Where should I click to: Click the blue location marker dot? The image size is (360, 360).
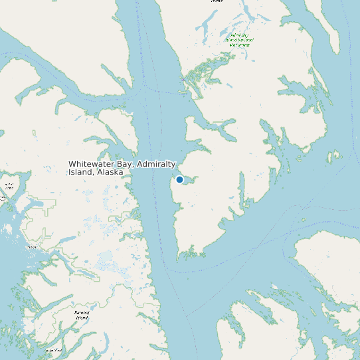click(179, 179)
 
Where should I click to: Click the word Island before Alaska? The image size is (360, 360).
click(80, 172)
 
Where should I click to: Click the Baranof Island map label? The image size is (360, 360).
click(81, 314)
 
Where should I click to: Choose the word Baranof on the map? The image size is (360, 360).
click(81, 312)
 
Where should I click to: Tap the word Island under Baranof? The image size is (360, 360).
click(81, 317)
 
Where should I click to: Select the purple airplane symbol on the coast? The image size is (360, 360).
click(182, 78)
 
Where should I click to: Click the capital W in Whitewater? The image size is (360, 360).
click(72, 164)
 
